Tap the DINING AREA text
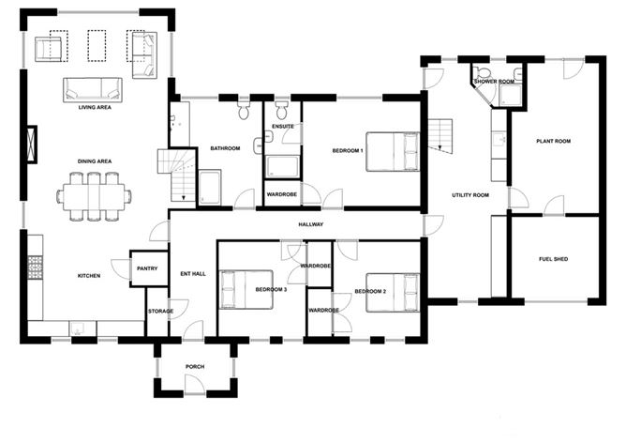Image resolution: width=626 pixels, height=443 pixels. pyautogui.click(x=95, y=161)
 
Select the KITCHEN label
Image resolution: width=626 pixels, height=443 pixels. pyautogui.click(x=89, y=276)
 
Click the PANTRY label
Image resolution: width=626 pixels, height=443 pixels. pyautogui.click(x=147, y=268)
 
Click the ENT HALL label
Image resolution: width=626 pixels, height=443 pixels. pyautogui.click(x=192, y=275)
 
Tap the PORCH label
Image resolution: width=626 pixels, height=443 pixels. pyautogui.click(x=194, y=366)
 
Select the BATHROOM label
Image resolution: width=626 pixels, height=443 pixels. pyautogui.click(x=226, y=148)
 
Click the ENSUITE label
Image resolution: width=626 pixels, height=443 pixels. pyautogui.click(x=283, y=126)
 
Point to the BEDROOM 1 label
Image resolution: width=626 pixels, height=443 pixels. pyautogui.click(x=348, y=150)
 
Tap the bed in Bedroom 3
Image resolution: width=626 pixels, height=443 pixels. pyautogui.click(x=245, y=288)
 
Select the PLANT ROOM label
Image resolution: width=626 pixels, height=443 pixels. pyautogui.click(x=554, y=142)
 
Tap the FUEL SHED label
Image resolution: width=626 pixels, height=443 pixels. pyautogui.click(x=553, y=259)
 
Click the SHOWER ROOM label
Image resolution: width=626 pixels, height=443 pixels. pyautogui.click(x=494, y=82)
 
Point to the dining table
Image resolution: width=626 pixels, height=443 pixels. pyautogui.click(x=94, y=197)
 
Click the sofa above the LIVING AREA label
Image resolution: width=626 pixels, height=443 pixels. pyautogui.click(x=93, y=90)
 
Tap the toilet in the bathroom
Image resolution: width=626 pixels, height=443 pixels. pyautogui.click(x=245, y=114)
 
